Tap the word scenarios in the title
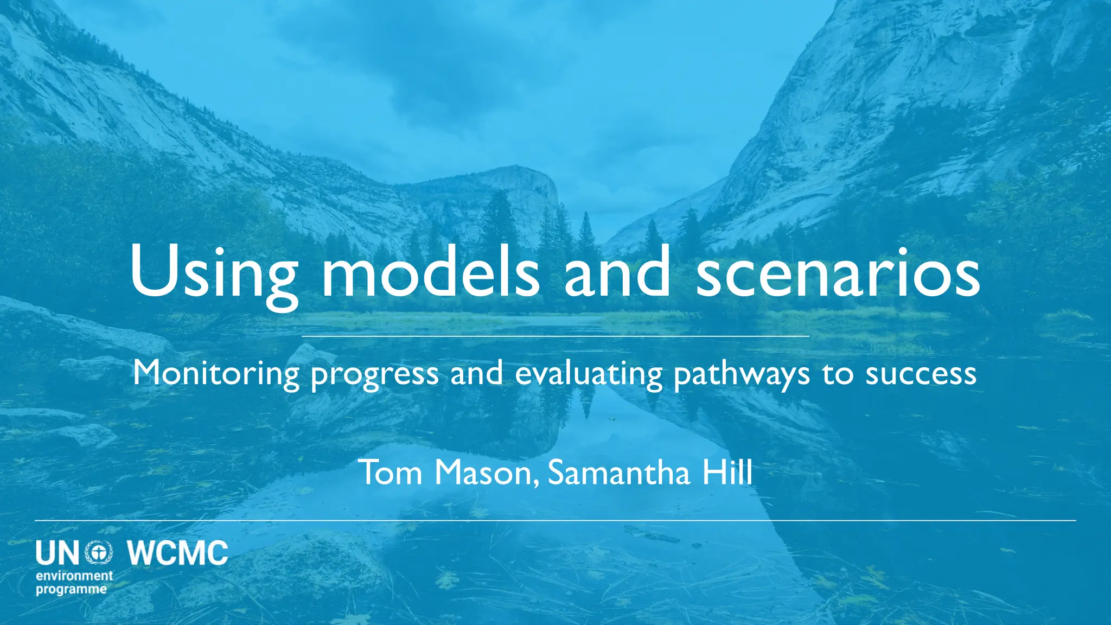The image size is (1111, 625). [x=838, y=271]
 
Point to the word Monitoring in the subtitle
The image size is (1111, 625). [x=216, y=373]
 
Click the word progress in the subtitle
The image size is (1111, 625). [x=374, y=374]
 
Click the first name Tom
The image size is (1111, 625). [x=391, y=472]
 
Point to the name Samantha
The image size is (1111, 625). [x=619, y=472]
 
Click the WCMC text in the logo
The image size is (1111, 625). [x=178, y=553]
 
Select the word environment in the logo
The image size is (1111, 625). [x=74, y=576]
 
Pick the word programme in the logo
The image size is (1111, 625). [x=71, y=589]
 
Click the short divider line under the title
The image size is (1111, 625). [x=555, y=336]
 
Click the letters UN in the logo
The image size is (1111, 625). [x=58, y=553]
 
